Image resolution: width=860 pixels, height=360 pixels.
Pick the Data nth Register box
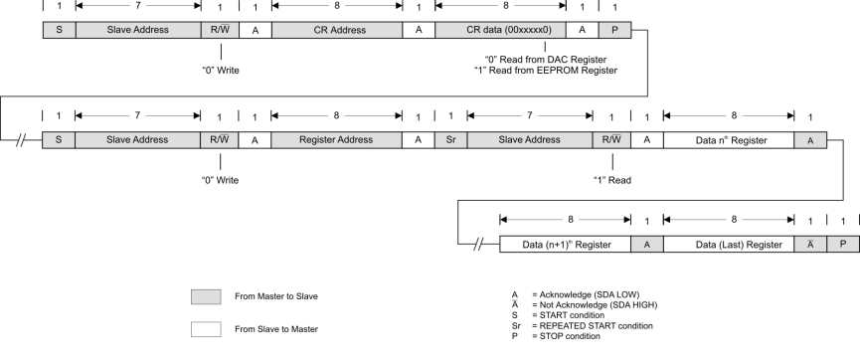pyautogui.click(x=728, y=140)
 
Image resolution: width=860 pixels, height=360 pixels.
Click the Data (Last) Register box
pyautogui.click(x=728, y=244)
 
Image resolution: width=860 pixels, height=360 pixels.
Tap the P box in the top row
pyautogui.click(x=615, y=30)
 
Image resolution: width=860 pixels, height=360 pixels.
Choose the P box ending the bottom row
pyautogui.click(x=842, y=244)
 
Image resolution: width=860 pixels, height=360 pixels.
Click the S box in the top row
pyautogui.click(x=59, y=30)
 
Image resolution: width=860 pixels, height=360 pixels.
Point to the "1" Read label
pyautogui.click(x=613, y=180)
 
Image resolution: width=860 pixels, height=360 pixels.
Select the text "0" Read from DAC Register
pyautogui.click(x=545, y=59)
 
